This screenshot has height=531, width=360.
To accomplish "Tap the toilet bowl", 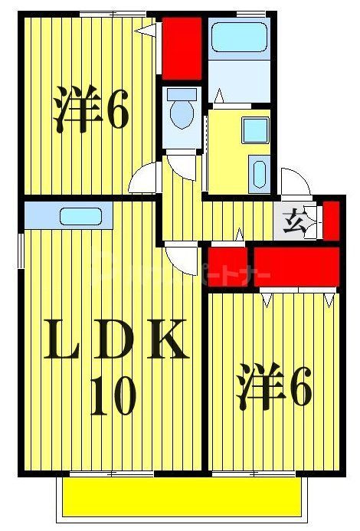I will click(x=182, y=110).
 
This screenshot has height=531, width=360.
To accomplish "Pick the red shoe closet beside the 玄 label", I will click(x=331, y=219).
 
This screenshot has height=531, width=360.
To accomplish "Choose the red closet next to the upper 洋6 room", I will click(x=182, y=47).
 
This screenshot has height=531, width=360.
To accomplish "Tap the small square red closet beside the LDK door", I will click(x=226, y=263).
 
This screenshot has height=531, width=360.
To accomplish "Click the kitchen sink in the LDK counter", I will click(x=80, y=216).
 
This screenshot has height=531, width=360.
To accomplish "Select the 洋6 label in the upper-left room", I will click(x=90, y=112).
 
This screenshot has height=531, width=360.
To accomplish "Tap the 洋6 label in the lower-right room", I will click(x=273, y=389).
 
